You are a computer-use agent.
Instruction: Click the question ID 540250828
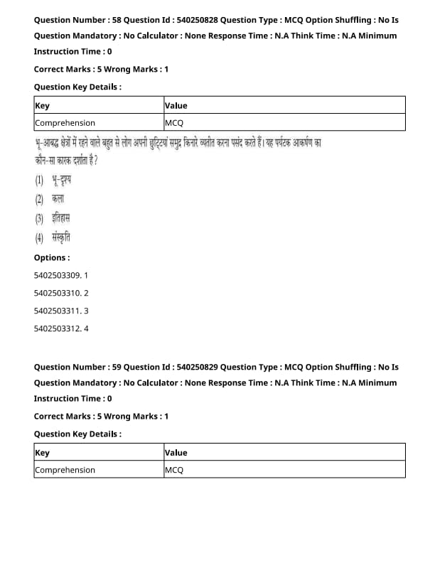[x=193, y=20]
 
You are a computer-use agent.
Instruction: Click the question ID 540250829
[x=193, y=367]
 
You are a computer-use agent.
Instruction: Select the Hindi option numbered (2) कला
[x=50, y=199]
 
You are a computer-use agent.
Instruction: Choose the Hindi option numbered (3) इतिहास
[x=53, y=218]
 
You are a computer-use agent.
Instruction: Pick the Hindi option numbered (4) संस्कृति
[x=53, y=237]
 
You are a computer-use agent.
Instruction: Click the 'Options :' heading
[x=52, y=257]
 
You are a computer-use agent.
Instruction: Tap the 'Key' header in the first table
[x=43, y=105]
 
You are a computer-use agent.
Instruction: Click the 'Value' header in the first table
[x=176, y=105]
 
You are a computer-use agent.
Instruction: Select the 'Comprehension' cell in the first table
[x=65, y=123]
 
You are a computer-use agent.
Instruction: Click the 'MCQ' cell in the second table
[x=174, y=470]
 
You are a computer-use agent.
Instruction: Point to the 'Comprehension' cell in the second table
[x=65, y=470]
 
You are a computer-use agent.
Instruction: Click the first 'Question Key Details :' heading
[x=77, y=87]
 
